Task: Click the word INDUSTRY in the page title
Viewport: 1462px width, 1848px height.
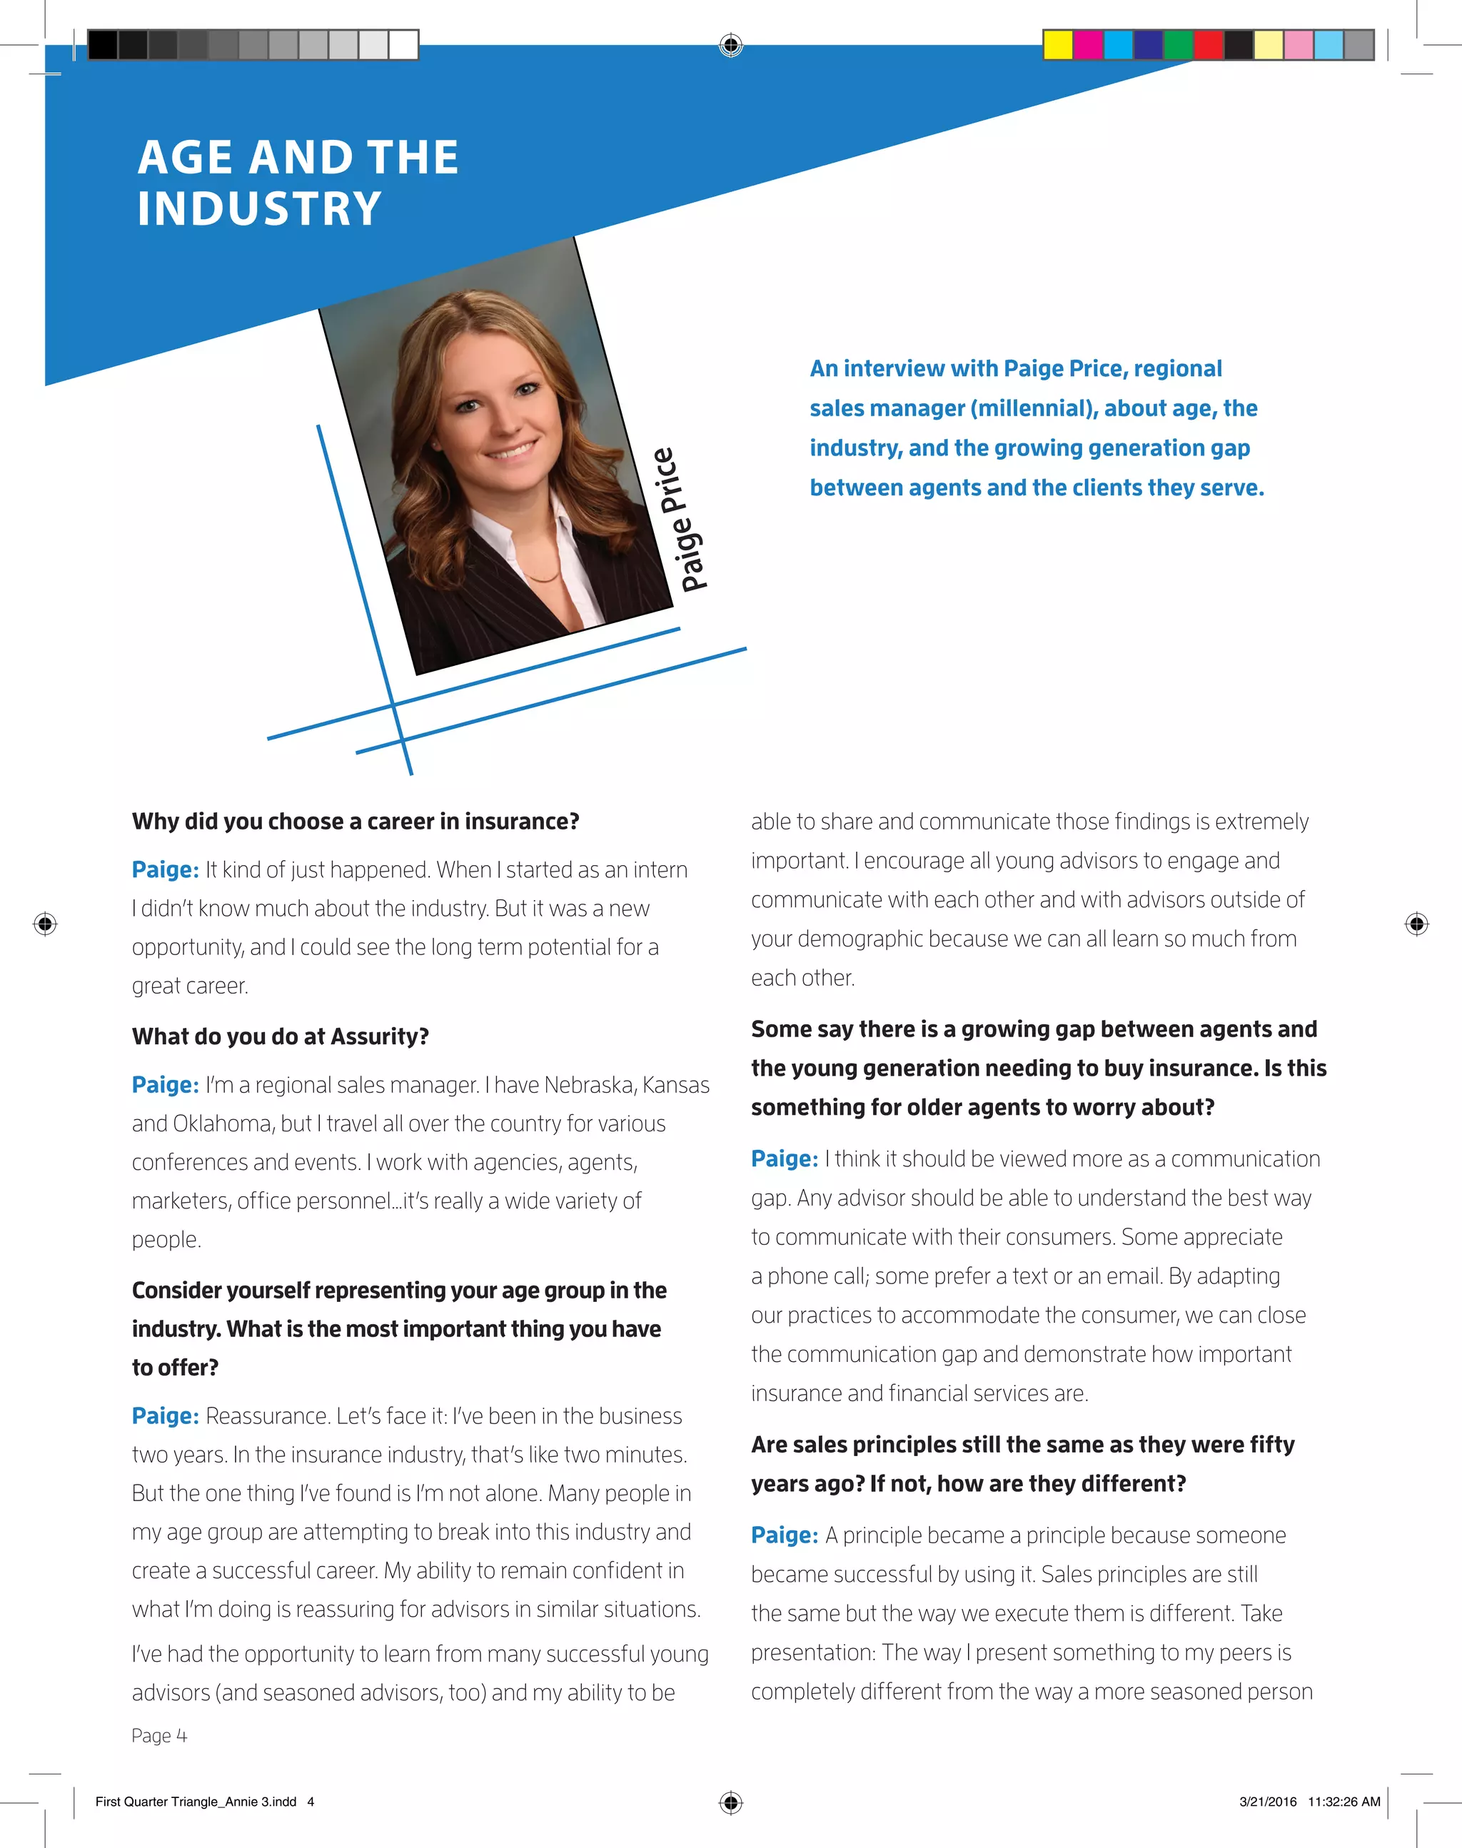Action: pyautogui.click(x=259, y=209)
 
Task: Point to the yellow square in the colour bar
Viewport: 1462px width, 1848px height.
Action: pyautogui.click(x=1058, y=44)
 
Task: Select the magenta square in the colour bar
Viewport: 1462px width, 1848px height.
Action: pyautogui.click(x=1088, y=44)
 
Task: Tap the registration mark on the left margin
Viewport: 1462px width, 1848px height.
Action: pyautogui.click(x=46, y=924)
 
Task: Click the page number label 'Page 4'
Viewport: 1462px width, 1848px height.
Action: pyautogui.click(x=159, y=1735)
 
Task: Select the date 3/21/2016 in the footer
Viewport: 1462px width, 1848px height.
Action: pyautogui.click(x=1268, y=1801)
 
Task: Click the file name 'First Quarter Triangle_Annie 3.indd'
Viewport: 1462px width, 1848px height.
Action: pyautogui.click(x=196, y=1801)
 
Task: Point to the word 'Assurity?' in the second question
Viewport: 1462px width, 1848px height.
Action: pyautogui.click(x=380, y=1036)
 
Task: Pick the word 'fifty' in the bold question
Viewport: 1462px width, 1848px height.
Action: pyautogui.click(x=1271, y=1444)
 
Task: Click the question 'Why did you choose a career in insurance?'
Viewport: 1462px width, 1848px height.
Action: pyautogui.click(x=356, y=822)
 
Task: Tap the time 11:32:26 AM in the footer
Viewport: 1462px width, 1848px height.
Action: pyautogui.click(x=1344, y=1801)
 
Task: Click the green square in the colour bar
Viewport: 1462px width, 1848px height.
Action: pyautogui.click(x=1178, y=44)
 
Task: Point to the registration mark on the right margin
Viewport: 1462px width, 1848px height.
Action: pyautogui.click(x=1416, y=924)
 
